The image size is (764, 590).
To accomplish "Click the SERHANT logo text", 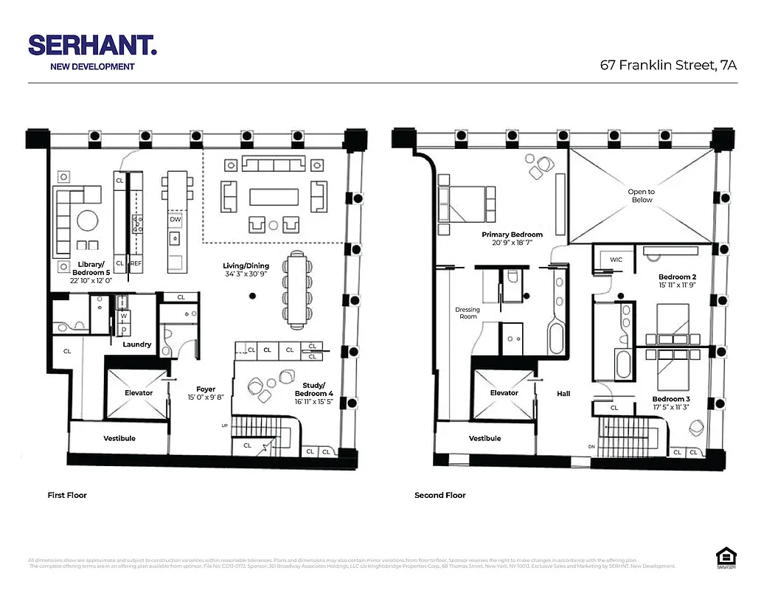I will (92, 46).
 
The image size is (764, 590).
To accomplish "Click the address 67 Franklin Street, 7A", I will (669, 65).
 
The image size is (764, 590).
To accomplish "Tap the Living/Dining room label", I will (246, 265).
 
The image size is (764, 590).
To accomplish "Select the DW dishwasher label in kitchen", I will (176, 219).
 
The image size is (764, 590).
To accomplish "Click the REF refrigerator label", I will (136, 263).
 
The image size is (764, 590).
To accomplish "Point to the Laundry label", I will (137, 344).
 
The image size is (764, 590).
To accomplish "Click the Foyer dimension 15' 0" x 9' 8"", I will (205, 398).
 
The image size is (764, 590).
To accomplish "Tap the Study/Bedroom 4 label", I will (318, 389).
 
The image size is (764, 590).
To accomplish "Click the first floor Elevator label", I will (139, 393).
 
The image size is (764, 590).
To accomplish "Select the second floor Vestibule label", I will (485, 438).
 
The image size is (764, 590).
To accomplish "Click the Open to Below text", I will (641, 195).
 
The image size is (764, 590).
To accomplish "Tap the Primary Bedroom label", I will (512, 235).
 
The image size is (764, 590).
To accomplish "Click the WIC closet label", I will (617, 260).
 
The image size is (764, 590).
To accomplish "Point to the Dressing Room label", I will (467, 313).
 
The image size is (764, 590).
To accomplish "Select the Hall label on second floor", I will (563, 394).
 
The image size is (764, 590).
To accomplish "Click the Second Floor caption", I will (440, 496).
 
